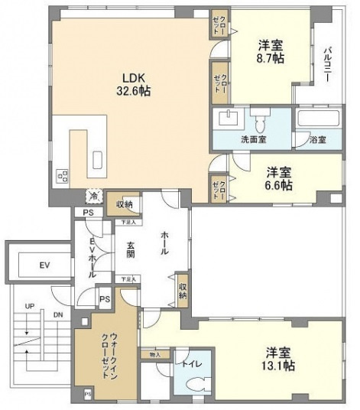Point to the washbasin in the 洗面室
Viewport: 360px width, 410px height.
pyautogui.click(x=227, y=119)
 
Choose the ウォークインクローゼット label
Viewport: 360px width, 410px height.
pyautogui.click(x=106, y=354)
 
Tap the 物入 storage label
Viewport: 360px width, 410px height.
pyautogui.click(x=155, y=354)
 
